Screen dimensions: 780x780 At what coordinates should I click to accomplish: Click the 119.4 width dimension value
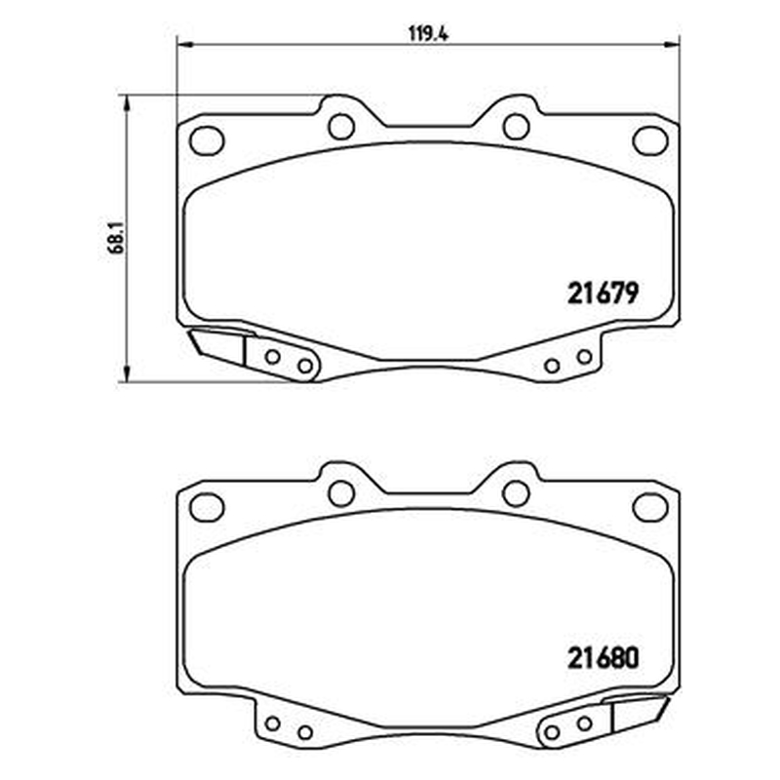point(428,35)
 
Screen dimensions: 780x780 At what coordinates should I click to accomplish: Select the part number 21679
point(603,293)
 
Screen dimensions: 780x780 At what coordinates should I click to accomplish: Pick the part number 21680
point(603,659)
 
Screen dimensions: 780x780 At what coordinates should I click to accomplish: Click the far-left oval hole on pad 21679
point(207,140)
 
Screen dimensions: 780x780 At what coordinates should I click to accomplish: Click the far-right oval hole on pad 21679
point(650,140)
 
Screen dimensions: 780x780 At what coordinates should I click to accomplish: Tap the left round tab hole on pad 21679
point(341,127)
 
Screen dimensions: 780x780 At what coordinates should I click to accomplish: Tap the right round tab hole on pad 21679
point(517,127)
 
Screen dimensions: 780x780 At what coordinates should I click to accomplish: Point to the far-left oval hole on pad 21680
point(207,507)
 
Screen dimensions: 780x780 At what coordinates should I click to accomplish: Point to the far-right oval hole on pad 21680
point(650,507)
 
